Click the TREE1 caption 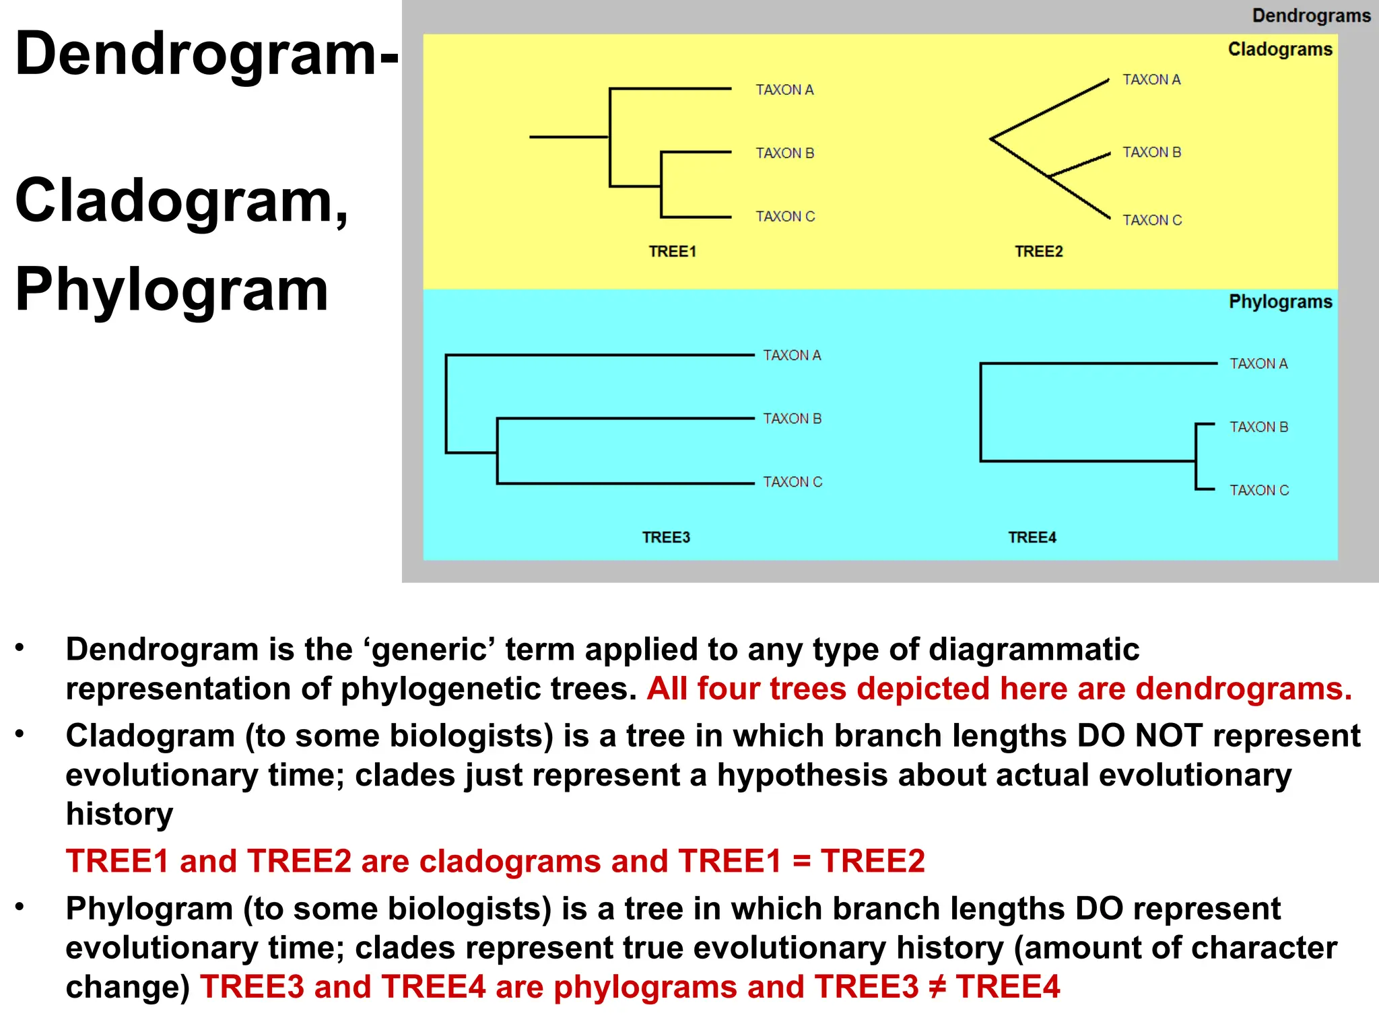tap(672, 252)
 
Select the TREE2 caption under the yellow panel tap(1038, 252)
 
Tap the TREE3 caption tap(666, 537)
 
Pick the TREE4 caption tap(1032, 537)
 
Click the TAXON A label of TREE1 tap(784, 90)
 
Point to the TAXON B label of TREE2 tap(1151, 152)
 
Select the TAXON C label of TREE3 tap(793, 482)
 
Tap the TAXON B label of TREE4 tap(1258, 427)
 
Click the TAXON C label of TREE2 tap(1152, 220)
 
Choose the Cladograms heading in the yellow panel tap(1279, 49)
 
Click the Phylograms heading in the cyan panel tap(1280, 302)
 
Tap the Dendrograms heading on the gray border tap(1310, 15)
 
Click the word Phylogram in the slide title tap(172, 289)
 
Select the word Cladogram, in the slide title tap(182, 201)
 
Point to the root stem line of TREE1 tap(569, 137)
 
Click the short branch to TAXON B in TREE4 tap(1205, 424)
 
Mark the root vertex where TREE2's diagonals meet tap(991, 139)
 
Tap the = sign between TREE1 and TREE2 tap(801, 862)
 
